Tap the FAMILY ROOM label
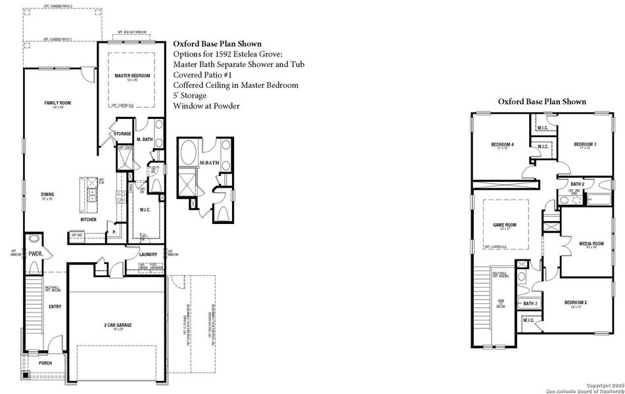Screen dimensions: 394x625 57,103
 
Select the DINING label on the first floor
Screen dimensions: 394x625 47,194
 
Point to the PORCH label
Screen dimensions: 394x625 45,362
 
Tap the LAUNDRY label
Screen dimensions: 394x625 149,255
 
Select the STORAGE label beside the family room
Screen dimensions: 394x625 122,134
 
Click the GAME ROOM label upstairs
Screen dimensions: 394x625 505,225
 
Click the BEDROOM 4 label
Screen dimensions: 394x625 503,144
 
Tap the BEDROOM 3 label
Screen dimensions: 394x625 584,144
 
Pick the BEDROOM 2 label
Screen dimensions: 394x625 576,303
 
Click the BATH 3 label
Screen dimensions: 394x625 530,303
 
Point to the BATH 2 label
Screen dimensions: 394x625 577,184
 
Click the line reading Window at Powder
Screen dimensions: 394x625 206,106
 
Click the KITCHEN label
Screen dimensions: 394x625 89,219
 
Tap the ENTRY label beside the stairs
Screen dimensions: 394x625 55,307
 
